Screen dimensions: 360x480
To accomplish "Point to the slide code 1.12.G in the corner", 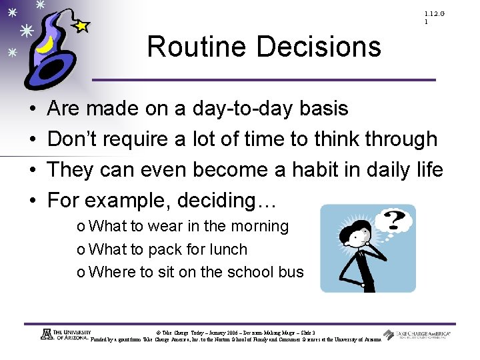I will point(434,14).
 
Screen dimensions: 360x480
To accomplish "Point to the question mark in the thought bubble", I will point(395,219).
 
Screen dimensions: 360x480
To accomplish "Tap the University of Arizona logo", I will point(65,335).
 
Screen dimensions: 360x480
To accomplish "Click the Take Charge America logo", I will point(416,335).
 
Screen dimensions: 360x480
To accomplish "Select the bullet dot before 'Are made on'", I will point(33,109).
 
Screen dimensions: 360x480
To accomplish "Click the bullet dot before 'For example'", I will point(33,201).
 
